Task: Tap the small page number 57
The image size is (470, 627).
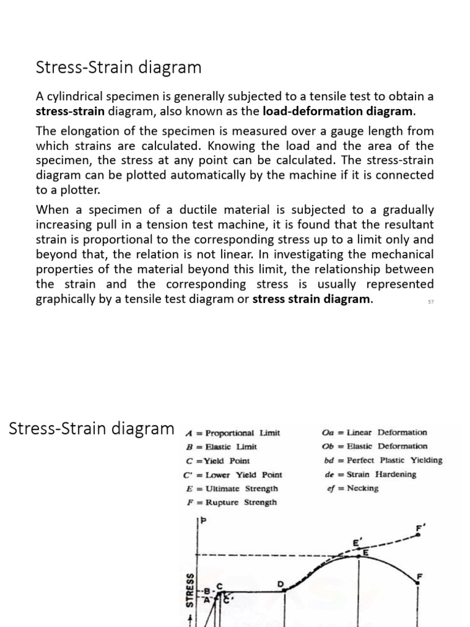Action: [x=431, y=301]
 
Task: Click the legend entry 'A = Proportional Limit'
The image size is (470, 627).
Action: [x=233, y=432]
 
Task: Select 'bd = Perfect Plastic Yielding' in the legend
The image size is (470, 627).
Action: [x=382, y=460]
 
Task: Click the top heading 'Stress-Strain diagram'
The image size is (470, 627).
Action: [x=119, y=67]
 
